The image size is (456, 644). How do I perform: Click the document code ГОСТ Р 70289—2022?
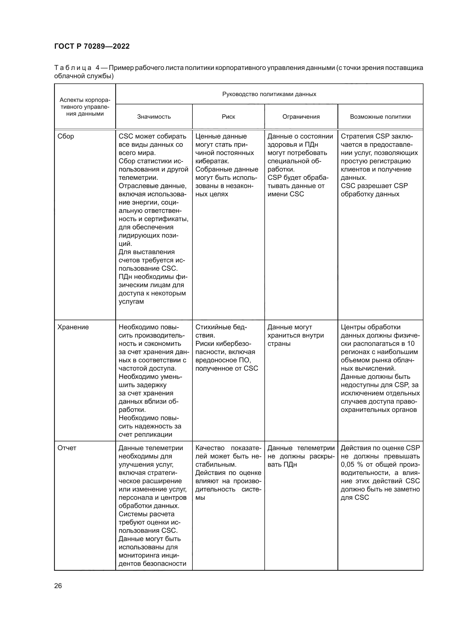pos(92,46)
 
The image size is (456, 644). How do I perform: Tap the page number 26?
pos(58,586)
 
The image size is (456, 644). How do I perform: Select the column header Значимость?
pos(154,117)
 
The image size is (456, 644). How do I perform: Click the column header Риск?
pos(228,117)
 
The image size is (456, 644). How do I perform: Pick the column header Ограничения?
pos(301,117)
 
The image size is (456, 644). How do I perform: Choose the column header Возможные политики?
pos(380,117)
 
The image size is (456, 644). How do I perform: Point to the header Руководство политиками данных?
pos(269,94)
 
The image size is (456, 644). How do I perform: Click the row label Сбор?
pos(66,136)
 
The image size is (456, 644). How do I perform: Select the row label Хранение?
pos(73,327)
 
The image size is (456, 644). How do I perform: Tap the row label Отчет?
pos(67,448)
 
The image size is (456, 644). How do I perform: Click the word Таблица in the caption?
pos(73,68)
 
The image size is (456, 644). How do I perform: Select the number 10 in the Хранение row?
pos(411,344)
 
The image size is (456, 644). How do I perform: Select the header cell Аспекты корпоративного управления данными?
pos(85,107)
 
